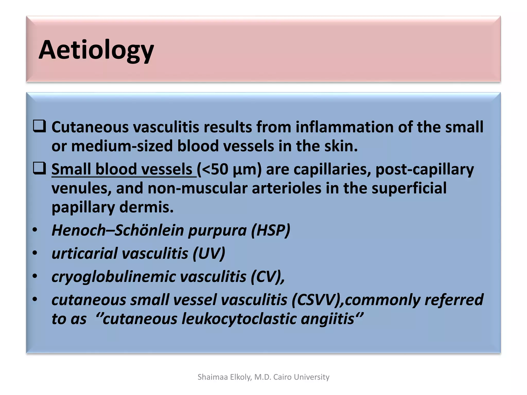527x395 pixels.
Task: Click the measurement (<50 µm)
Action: [x=229, y=169]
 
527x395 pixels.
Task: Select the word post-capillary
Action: [x=424, y=170]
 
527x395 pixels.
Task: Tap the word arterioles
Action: [x=286, y=188]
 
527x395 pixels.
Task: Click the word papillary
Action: [x=83, y=207]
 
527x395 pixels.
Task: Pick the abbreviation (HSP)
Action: [x=270, y=230]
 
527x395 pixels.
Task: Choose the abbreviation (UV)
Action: [x=209, y=253]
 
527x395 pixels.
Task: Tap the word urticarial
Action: [x=84, y=253]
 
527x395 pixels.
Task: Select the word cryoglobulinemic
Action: [x=113, y=277]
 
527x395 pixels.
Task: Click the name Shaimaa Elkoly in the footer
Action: [x=224, y=377]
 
